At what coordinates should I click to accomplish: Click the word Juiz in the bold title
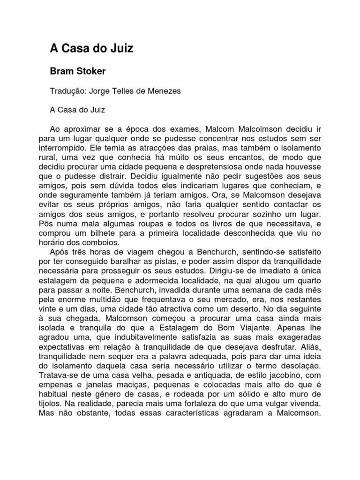120,48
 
